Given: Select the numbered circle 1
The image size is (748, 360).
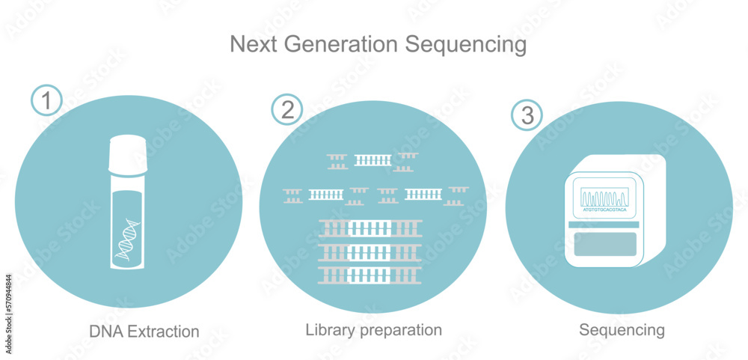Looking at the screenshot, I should coord(47,100).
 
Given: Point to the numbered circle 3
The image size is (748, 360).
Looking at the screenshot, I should coord(527,115).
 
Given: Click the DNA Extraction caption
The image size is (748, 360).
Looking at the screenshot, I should coord(144,331).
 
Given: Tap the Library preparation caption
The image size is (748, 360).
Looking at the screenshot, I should coord(374,329).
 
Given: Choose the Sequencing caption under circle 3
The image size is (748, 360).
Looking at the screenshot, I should coord(622,329).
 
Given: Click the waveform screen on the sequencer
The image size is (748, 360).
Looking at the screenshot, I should coord(604,198).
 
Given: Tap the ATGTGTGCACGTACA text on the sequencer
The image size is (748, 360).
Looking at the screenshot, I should coord(604,212).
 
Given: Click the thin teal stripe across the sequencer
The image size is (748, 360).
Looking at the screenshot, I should coord(604,225).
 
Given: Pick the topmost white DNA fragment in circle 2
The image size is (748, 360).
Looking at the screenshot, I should coord(373,159).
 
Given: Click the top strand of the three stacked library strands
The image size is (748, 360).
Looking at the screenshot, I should coord(370,228).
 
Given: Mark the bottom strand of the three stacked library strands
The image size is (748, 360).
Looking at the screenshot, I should coord(370,275).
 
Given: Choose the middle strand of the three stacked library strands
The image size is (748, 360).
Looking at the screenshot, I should coord(370,251).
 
